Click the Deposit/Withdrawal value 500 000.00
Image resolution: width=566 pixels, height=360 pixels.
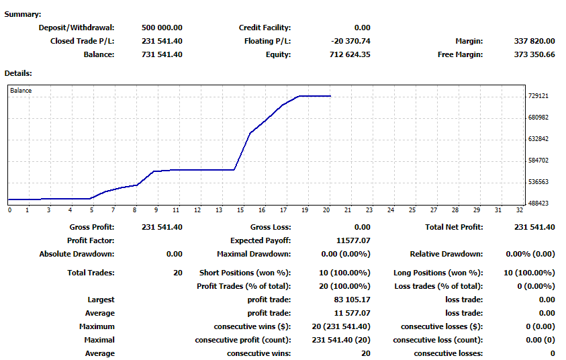pos(162,28)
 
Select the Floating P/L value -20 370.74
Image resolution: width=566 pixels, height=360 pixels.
pos(350,41)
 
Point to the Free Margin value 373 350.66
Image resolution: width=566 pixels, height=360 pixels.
pos(534,54)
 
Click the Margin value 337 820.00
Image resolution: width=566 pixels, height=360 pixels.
pos(534,41)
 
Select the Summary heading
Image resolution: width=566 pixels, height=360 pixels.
pos(23,14)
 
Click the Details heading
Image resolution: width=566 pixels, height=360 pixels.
pos(18,73)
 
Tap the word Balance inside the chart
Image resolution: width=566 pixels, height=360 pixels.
pos(21,90)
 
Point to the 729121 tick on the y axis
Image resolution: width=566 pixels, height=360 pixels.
pos(538,96)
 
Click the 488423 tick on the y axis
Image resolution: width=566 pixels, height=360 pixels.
pos(538,203)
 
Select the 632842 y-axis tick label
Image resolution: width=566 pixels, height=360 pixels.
pos(538,139)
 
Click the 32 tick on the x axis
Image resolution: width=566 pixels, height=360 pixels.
pos(520,210)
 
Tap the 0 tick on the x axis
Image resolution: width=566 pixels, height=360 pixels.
pos(9,210)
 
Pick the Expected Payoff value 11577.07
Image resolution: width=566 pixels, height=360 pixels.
pos(352,240)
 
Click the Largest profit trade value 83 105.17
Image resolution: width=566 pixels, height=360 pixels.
pos(352,300)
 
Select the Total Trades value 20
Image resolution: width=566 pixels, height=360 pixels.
pos(177,273)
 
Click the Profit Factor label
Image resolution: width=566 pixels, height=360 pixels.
pos(91,240)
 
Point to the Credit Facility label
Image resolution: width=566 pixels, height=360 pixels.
pos(265,28)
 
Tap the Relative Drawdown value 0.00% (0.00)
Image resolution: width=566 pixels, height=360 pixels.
pos(530,254)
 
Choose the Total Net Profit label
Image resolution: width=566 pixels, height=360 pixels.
pos(454,227)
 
